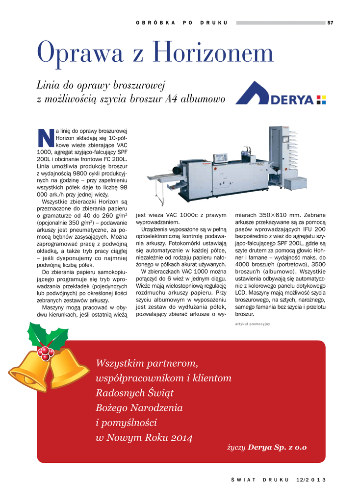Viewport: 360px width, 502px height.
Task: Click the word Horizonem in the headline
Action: (x=212, y=53)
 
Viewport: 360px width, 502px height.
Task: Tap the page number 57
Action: (x=330, y=23)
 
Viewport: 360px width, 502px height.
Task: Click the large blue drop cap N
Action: (x=45, y=138)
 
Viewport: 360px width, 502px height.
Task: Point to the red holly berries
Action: (x=46, y=352)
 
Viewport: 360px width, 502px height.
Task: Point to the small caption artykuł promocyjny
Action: (x=253, y=324)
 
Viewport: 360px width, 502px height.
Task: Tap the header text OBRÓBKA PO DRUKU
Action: (x=181, y=23)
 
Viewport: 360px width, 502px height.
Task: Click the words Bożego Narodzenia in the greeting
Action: (x=139, y=408)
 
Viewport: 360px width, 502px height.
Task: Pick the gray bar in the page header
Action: (x=280, y=23)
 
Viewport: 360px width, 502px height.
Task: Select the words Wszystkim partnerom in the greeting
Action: (x=147, y=363)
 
